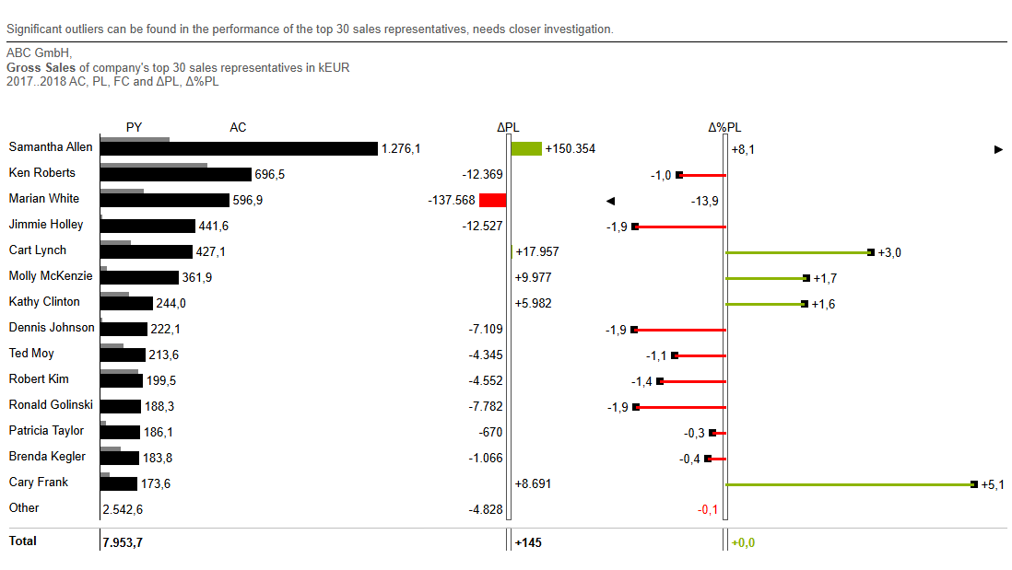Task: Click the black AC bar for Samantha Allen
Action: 240,149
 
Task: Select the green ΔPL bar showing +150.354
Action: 526,148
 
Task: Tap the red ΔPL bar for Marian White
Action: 493,200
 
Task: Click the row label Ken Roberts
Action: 42,173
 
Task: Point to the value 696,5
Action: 270,175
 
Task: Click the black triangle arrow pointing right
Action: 998,149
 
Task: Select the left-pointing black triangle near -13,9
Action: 609,201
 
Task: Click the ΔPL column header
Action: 508,128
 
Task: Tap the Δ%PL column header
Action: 724,128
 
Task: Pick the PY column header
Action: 135,127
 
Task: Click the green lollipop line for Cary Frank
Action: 848,484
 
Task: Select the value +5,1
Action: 993,484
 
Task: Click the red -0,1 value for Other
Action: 708,509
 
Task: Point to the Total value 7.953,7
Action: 123,542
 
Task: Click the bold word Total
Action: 23,541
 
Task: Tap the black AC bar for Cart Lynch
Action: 147,252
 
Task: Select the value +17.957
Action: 537,251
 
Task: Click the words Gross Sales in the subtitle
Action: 41,67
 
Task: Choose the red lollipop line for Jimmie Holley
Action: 680,227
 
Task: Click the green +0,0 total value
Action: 743,542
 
